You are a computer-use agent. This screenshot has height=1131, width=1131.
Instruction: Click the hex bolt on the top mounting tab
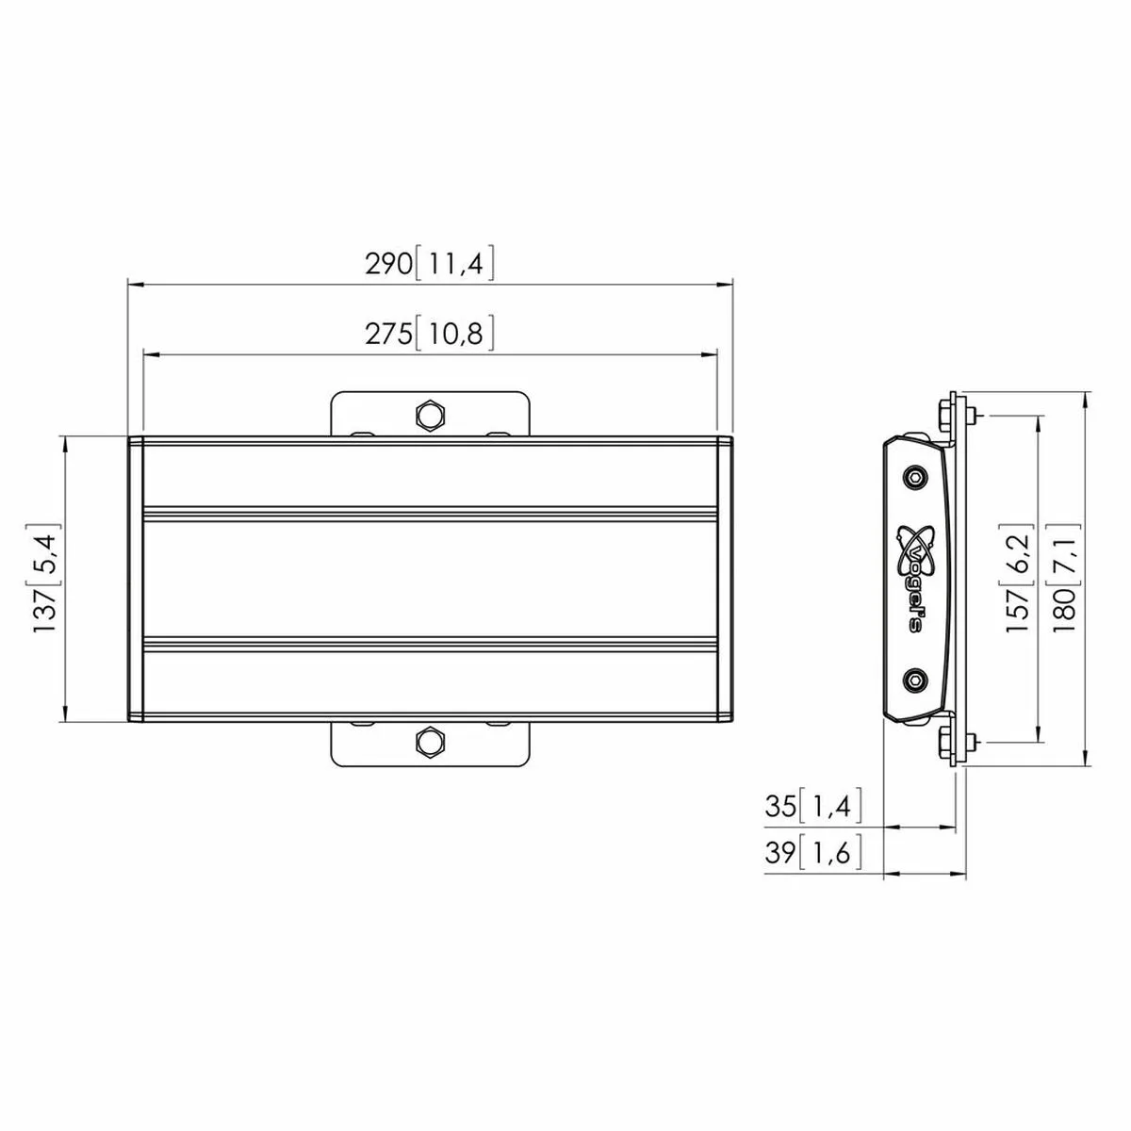(430, 415)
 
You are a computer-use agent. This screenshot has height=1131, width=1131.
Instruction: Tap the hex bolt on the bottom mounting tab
(430, 742)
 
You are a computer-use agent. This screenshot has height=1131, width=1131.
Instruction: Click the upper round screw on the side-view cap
(913, 477)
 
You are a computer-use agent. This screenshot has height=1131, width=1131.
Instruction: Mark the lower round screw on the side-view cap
(913, 678)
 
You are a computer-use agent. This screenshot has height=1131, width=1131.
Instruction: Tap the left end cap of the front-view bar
(135, 580)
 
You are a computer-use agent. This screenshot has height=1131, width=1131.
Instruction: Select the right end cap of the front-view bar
(725, 580)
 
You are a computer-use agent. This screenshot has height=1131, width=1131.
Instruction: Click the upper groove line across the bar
(430, 514)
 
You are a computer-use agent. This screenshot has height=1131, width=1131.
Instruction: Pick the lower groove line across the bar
(430, 646)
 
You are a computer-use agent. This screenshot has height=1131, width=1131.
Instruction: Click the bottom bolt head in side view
(944, 743)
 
